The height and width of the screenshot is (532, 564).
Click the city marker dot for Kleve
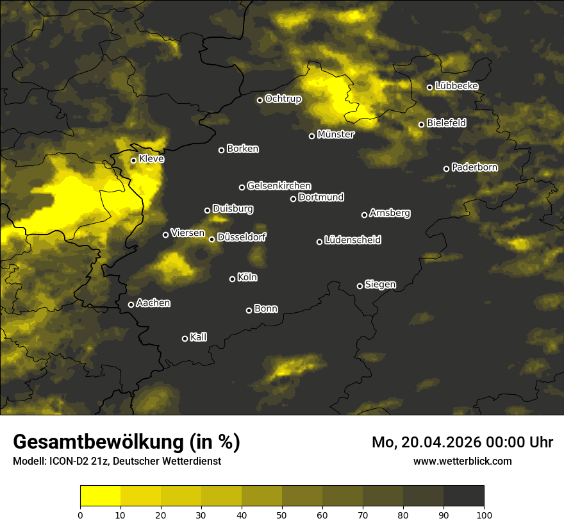point(133,160)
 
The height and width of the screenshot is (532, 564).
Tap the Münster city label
point(336,135)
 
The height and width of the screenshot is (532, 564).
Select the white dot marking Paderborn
point(447,169)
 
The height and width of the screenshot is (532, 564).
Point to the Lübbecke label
point(456,86)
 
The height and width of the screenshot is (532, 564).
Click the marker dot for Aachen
point(131,304)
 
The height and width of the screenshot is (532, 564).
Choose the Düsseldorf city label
point(242,237)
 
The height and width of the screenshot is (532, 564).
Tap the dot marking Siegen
point(360,286)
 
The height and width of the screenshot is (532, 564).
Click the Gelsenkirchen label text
point(279,186)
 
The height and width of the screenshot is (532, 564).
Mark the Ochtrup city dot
point(260,100)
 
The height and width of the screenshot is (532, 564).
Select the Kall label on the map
point(198,337)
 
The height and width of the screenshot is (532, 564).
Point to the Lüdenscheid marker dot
point(319,242)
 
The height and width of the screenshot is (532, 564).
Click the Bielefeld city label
point(446,123)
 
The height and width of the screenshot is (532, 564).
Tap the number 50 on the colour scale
point(282,514)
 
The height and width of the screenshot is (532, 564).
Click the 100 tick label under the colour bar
point(483,514)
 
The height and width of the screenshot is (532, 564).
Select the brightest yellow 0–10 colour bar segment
point(101,495)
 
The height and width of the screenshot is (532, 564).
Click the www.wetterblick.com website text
point(462,461)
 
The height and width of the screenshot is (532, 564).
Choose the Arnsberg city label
point(390,213)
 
